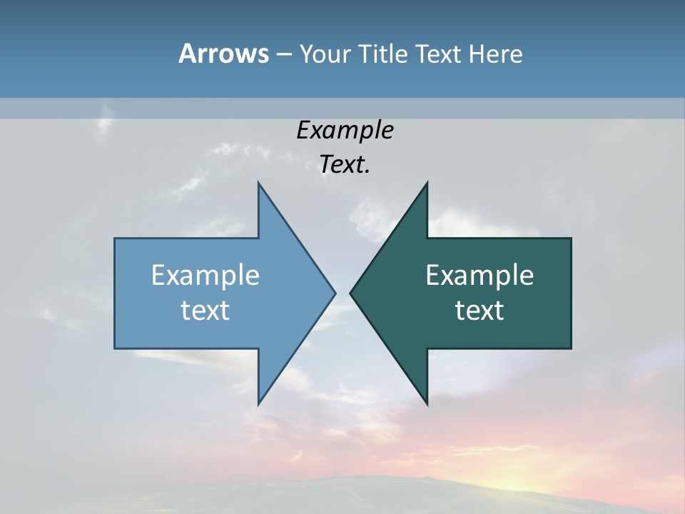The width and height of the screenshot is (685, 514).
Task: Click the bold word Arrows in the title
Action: click(223, 54)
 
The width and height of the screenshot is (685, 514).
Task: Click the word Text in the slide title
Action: click(440, 54)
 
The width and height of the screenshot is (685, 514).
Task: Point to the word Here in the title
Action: click(496, 54)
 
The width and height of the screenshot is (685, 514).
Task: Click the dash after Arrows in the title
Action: click(283, 54)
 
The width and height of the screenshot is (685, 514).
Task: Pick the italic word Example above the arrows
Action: click(345, 131)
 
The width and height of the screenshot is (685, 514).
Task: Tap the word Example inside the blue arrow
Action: click(205, 275)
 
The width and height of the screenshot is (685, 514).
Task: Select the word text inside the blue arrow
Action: click(205, 310)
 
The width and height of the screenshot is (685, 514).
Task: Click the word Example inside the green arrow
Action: click(479, 275)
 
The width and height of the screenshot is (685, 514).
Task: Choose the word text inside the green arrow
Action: click(479, 310)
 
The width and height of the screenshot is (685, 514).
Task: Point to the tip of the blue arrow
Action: click(335, 292)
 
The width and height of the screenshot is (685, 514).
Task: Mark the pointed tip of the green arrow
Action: click(350, 292)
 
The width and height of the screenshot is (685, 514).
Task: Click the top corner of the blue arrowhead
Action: click(258, 183)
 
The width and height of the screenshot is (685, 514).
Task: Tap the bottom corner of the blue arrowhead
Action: click(258, 404)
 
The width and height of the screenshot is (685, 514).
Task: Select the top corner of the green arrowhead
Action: click(427, 183)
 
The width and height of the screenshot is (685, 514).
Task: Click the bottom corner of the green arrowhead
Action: click(427, 404)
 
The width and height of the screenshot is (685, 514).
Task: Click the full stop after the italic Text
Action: click(367, 172)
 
